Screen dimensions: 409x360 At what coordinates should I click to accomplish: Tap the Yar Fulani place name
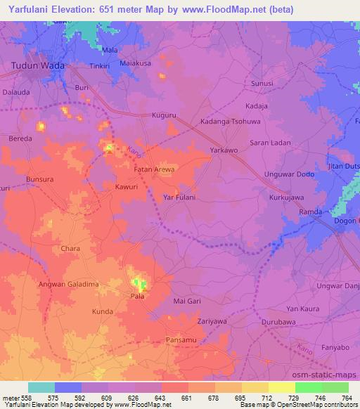coord(179,198)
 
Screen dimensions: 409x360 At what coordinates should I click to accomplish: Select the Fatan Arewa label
coord(154,169)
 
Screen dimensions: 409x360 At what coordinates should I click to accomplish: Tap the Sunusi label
coord(262,84)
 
